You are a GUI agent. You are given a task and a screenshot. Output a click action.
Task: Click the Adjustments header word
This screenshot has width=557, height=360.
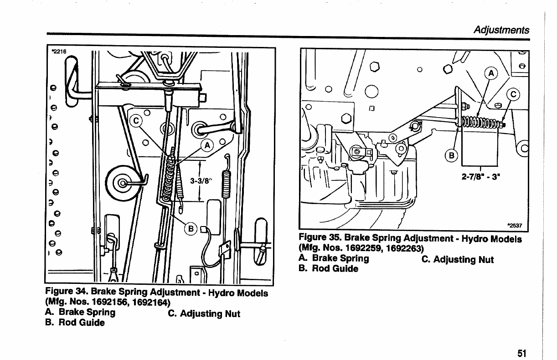pyautogui.click(x=501, y=30)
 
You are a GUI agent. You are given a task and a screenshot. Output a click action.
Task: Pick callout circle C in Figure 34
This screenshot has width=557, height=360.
pyautogui.click(x=136, y=121)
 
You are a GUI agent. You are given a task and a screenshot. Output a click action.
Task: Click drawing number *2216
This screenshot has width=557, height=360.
pyautogui.click(x=59, y=51)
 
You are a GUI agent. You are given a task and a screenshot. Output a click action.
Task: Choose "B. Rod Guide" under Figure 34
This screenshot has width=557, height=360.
pyautogui.click(x=75, y=323)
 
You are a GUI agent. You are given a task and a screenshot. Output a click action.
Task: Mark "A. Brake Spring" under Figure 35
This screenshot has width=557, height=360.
pyautogui.click(x=334, y=258)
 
